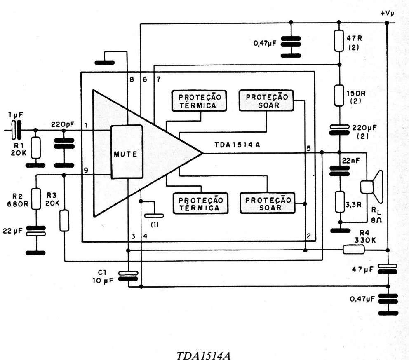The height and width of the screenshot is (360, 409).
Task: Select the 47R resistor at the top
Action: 339,40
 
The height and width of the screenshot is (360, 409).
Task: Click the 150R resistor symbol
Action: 339,96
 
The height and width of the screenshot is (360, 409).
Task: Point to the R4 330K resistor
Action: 354,249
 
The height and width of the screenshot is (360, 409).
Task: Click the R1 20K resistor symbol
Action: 35,147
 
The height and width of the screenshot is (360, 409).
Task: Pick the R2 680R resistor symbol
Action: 36,198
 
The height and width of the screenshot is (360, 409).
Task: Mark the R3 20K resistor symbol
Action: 64,220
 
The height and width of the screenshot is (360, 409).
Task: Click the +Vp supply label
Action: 387,13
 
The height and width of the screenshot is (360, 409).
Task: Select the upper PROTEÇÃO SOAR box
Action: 266,101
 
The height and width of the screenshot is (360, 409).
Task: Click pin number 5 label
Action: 308,148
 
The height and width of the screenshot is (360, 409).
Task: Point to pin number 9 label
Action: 85,170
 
